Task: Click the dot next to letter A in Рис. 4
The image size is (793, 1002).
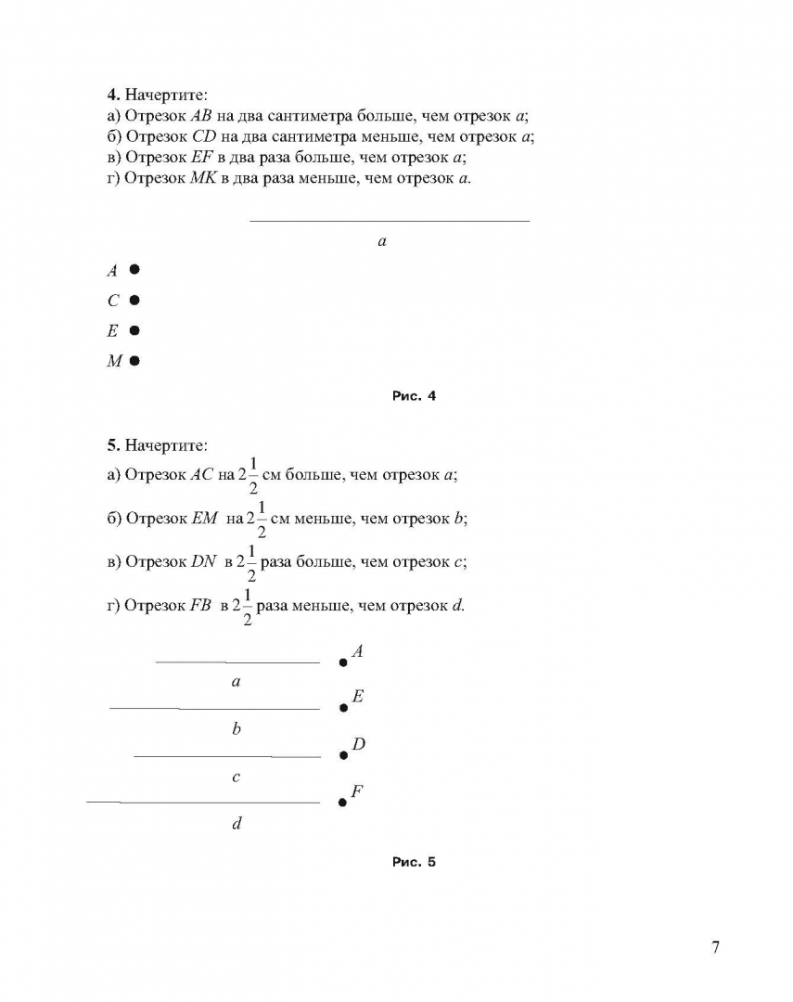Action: (x=134, y=270)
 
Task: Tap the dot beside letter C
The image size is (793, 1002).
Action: (x=134, y=300)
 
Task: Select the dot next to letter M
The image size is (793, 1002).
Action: (x=134, y=361)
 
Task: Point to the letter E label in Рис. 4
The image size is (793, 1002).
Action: (x=113, y=330)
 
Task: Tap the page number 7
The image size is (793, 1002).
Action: (x=715, y=947)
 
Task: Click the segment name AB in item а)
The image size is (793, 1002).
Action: (x=201, y=116)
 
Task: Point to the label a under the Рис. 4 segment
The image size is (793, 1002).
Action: (x=382, y=241)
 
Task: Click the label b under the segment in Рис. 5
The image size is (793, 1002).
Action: (x=237, y=729)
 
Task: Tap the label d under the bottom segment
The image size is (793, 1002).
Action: (x=237, y=824)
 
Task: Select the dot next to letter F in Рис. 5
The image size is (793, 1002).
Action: (x=342, y=802)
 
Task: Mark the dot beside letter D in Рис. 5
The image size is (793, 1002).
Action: (x=343, y=755)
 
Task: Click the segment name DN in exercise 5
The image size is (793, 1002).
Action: (x=204, y=561)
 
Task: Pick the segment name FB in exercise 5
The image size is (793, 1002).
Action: (x=201, y=605)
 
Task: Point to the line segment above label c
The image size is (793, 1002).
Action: (x=227, y=756)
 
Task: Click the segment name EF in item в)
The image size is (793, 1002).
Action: (x=201, y=157)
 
